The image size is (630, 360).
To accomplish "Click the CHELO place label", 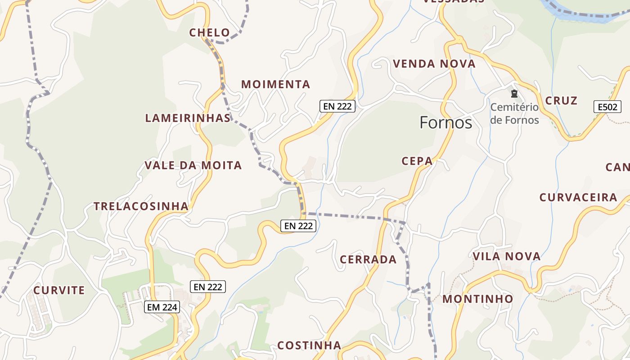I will (x=209, y=33).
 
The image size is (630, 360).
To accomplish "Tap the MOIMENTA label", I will (x=275, y=84).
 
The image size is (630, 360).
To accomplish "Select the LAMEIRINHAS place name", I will (x=188, y=118).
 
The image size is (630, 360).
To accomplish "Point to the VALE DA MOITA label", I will (x=193, y=165).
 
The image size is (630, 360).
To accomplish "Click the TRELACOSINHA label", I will (x=141, y=206).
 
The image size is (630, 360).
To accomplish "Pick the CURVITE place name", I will (x=59, y=290).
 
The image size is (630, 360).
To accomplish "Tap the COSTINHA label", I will (x=309, y=345).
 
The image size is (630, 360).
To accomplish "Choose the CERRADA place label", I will (x=368, y=259).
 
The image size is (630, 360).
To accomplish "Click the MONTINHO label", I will (x=477, y=299).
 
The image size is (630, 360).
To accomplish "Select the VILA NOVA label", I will (x=506, y=256).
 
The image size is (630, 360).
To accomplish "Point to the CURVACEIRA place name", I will (x=578, y=197).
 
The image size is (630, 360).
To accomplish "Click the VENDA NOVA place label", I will (x=434, y=64).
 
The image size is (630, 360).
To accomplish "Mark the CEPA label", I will (x=417, y=161).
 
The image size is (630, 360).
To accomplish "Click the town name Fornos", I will (x=445, y=122).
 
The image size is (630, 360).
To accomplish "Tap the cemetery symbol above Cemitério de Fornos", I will (x=514, y=94).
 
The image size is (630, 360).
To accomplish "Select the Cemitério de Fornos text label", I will (x=514, y=113).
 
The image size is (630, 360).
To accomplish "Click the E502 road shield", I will (x=607, y=107).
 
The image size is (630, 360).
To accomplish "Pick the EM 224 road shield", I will (x=162, y=307).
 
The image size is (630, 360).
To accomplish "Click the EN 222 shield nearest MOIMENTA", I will (x=337, y=106).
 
